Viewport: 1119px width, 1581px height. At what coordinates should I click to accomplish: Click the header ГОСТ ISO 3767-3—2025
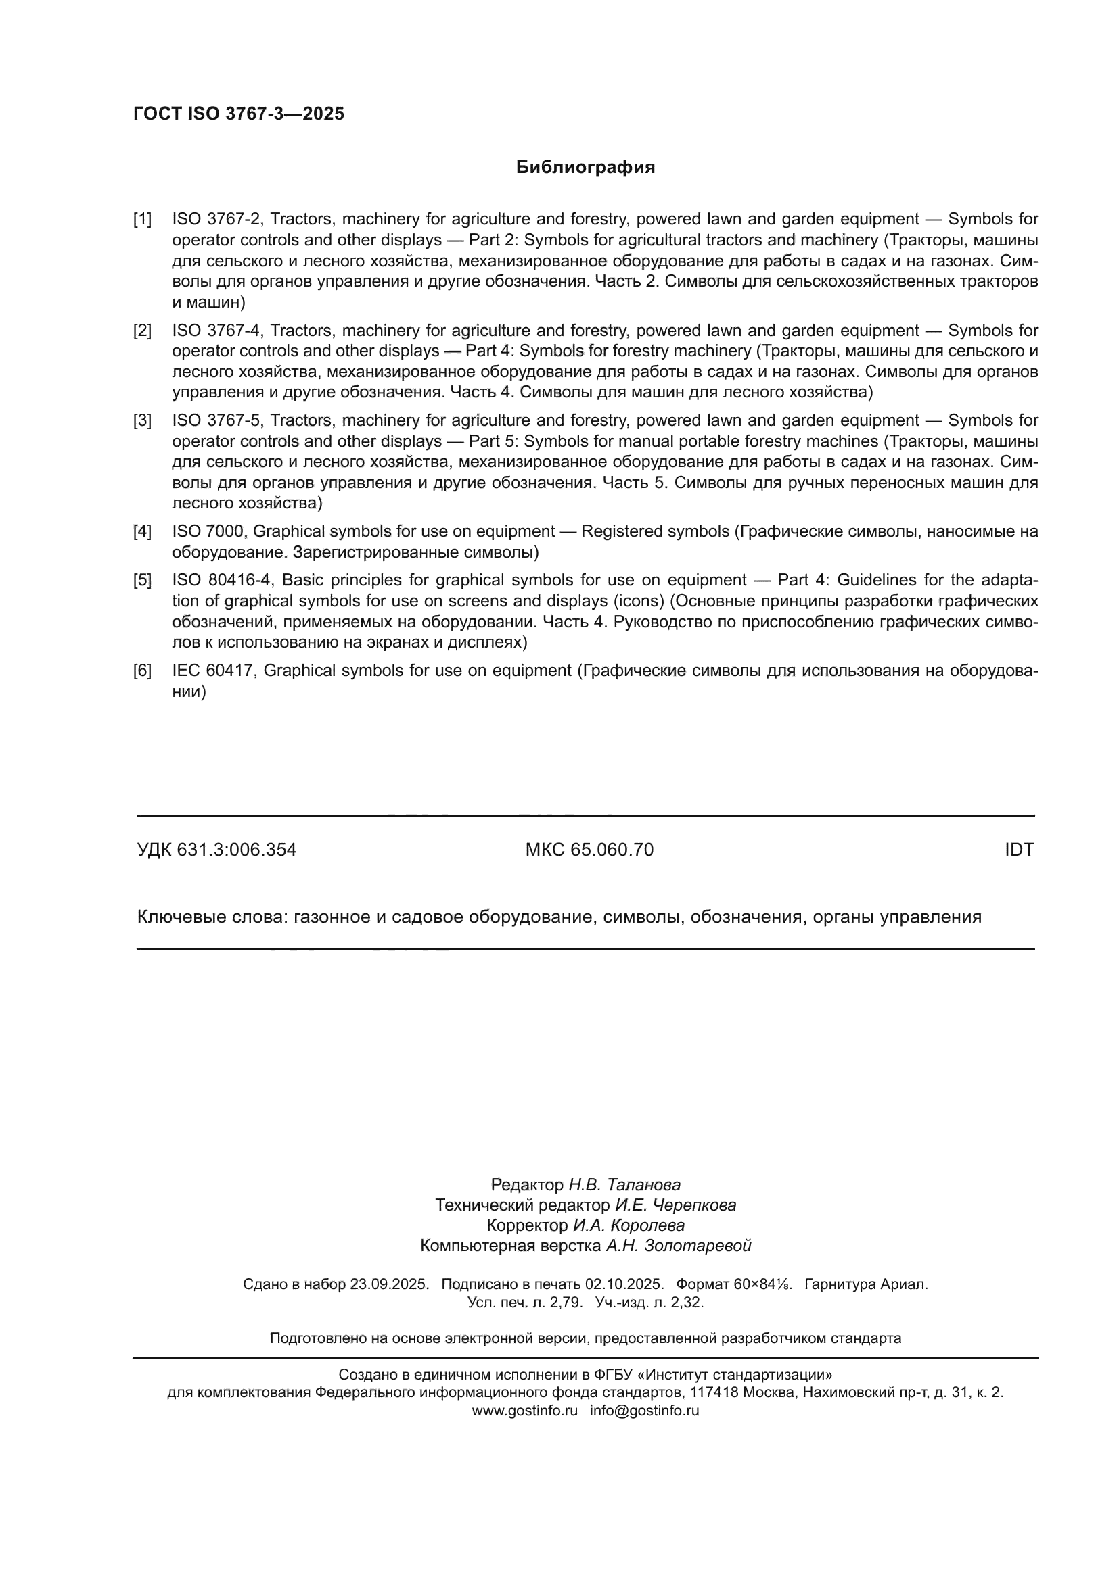point(238,114)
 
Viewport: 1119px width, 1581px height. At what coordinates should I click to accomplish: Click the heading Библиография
point(585,168)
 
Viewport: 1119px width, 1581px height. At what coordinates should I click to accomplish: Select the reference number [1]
point(142,220)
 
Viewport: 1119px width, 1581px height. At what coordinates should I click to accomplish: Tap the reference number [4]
point(142,531)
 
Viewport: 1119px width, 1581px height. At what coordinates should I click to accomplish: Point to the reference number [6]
point(142,671)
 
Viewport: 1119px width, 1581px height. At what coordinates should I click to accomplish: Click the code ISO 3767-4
point(216,331)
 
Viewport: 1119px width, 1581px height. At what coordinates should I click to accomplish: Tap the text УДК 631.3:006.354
point(216,850)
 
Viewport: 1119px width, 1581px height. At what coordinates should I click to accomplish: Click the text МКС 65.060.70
point(589,850)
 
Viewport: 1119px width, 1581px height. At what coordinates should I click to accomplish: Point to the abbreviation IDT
point(1019,850)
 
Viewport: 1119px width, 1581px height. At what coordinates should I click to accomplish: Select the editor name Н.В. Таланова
point(624,1184)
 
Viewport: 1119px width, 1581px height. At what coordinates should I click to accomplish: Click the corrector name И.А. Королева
point(629,1225)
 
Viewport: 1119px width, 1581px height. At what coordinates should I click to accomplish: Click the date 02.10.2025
point(624,1284)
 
